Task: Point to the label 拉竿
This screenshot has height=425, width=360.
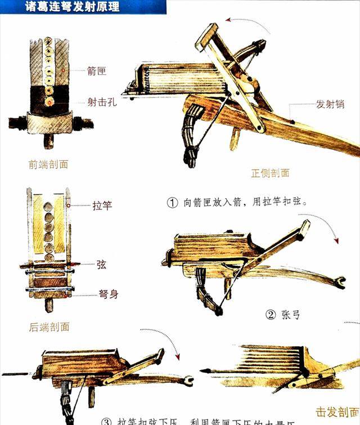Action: tap(102, 205)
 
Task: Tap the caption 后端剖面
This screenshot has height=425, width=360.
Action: tap(49, 326)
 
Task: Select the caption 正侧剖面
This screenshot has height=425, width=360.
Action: tap(270, 173)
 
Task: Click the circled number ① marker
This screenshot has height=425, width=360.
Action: tap(172, 201)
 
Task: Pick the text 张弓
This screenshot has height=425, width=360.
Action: tap(290, 314)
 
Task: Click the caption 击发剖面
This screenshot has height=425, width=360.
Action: tap(336, 411)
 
